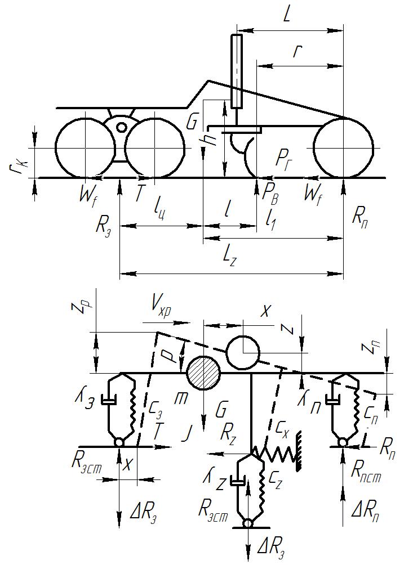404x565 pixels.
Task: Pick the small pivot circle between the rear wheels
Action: point(122,127)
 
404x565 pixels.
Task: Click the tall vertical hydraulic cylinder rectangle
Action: point(237,71)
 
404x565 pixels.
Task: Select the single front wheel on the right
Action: point(344,148)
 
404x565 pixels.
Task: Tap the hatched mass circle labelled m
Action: point(203,373)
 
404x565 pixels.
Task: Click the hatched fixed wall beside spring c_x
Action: point(299,451)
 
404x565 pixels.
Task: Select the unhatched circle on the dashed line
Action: point(243,353)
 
